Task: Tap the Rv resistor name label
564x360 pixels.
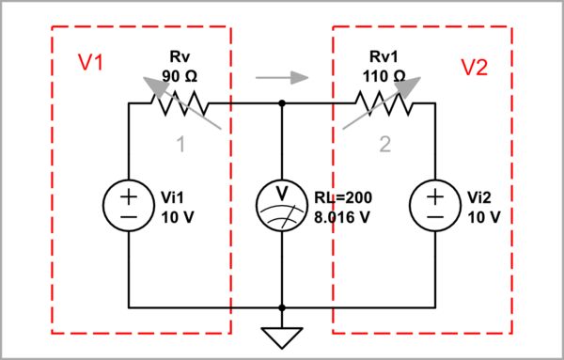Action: (178, 56)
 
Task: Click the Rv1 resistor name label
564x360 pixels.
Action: (382, 56)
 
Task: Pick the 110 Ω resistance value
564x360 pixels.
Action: (382, 74)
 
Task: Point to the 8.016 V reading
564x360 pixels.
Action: (343, 214)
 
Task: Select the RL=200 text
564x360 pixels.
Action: (342, 197)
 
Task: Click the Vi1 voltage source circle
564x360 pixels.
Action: (129, 205)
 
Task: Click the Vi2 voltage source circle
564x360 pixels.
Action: (435, 205)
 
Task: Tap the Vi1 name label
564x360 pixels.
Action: (175, 197)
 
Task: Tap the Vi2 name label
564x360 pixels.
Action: (481, 197)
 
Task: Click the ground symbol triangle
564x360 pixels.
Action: (282, 335)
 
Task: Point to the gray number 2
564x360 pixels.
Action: (384, 144)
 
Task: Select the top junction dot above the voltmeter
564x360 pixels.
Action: (282, 103)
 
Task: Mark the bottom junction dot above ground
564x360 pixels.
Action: (282, 307)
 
